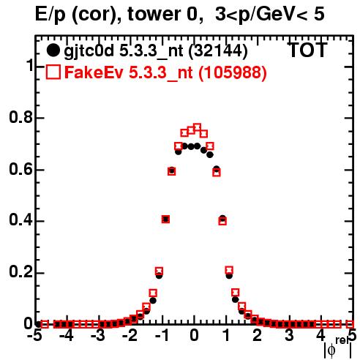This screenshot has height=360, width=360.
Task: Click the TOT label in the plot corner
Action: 307,50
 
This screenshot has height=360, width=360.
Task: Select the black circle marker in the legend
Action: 53,50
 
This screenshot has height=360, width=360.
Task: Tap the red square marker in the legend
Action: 53,72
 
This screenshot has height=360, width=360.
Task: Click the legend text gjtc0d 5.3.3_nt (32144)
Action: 156,51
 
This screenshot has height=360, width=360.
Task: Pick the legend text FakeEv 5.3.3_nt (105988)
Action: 166,72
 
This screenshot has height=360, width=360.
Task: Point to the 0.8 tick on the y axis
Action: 20,117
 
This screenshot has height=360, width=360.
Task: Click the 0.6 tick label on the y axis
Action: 20,169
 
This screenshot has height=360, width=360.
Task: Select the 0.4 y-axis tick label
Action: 20,220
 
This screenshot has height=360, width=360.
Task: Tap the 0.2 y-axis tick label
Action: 20,272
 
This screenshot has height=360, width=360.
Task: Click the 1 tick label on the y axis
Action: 30,65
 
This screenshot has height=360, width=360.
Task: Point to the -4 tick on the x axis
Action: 66,336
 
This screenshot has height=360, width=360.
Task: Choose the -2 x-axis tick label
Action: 130,336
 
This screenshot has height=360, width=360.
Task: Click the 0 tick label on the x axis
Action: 194,336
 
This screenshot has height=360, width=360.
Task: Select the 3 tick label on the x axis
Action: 289,336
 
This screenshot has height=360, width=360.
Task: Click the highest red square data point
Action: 197,127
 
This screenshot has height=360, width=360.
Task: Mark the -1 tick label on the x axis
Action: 162,336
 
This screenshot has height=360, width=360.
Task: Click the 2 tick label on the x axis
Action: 258,336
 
